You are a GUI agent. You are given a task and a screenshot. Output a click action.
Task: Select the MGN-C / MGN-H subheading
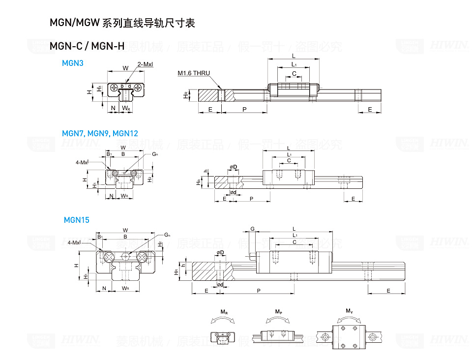pos(87,46)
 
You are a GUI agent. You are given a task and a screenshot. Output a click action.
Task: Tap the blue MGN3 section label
pos(73,63)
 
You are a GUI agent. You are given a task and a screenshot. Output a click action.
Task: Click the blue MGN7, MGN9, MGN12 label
pos(100,133)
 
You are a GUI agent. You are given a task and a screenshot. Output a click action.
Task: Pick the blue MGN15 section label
pos(77,220)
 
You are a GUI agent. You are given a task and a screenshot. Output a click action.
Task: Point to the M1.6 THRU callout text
pos(194,73)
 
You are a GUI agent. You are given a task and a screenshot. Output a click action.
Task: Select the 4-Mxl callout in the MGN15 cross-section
pos(74,242)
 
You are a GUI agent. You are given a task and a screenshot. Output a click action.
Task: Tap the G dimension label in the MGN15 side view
pos(252,229)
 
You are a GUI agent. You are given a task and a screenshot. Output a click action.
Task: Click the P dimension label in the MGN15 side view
pos(259,291)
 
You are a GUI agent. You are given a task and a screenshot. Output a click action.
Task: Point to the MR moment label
pos(224,312)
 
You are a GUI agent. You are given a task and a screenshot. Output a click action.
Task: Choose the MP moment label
pos(278,312)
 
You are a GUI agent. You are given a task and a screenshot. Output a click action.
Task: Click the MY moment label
pos(349,311)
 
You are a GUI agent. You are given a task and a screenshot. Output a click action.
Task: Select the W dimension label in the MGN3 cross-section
pos(125,68)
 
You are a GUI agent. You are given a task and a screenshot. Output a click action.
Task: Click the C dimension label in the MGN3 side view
pos(294,73)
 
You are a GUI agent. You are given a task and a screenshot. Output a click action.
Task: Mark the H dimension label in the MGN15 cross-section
pos(76,265)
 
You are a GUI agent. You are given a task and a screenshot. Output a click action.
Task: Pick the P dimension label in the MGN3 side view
pos(244,109)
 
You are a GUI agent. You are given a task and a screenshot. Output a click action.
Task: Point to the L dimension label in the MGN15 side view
pos(294,229)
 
